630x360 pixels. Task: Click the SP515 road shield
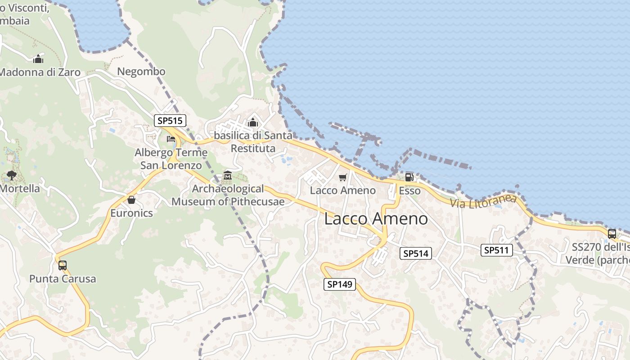pos(170,121)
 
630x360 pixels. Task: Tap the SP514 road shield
pos(415,253)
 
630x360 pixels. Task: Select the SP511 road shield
pos(497,250)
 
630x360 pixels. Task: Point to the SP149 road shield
pos(339,284)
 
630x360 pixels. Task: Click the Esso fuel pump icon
pos(409,177)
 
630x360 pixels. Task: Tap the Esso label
pos(409,191)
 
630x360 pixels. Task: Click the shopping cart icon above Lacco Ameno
pos(343,178)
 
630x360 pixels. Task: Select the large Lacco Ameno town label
pos(376,219)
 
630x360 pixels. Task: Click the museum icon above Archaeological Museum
pos(228,175)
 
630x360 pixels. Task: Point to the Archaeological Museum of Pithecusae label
pos(228,195)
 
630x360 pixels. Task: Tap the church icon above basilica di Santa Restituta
pos(252,122)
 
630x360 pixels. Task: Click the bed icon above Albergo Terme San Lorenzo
pos(171,139)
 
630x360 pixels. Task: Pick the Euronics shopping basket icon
pos(131,200)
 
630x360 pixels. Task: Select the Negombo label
pos(141,72)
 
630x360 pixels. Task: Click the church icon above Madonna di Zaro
pos(38,59)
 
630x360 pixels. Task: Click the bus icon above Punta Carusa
pos(63,265)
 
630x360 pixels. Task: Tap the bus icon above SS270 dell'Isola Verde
pos(612,234)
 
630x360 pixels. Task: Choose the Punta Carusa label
pos(63,279)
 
